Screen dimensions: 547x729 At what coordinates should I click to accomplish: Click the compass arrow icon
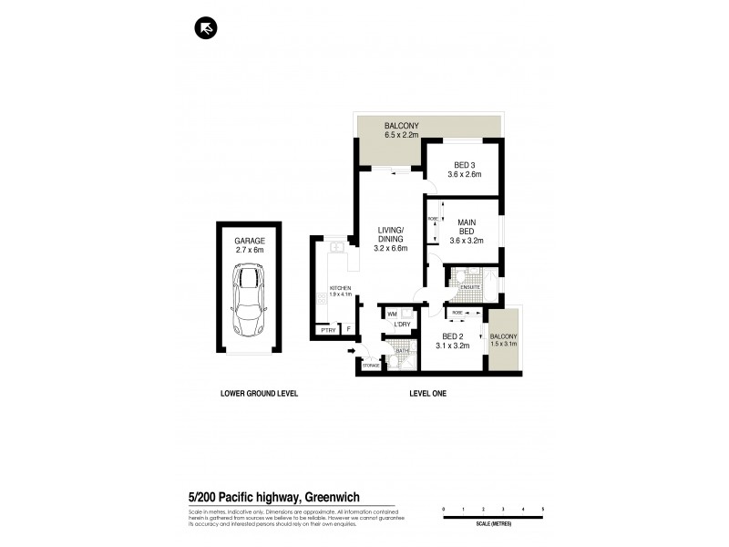[206, 29]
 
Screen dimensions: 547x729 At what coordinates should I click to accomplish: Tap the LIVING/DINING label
[391, 234]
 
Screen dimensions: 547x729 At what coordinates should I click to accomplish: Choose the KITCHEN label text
[339, 289]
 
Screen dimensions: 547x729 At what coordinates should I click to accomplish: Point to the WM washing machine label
[392, 314]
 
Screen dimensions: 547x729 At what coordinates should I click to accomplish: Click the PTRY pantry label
[327, 330]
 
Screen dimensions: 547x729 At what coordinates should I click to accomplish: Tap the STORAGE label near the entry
[370, 366]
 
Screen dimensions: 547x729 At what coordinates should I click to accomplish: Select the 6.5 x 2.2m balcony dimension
[401, 134]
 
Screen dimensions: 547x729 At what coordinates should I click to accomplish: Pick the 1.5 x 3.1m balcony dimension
[503, 344]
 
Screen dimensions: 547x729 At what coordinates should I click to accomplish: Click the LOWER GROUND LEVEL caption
[260, 394]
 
